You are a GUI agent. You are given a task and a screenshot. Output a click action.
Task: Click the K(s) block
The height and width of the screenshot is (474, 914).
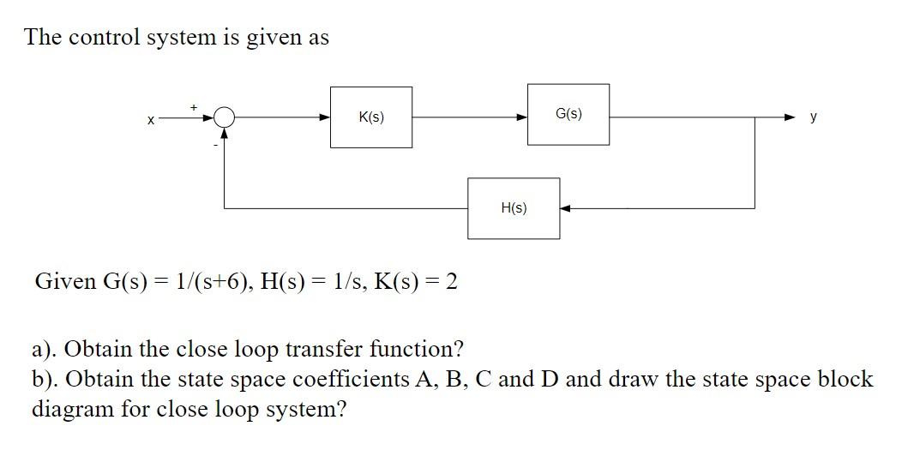pos(371,117)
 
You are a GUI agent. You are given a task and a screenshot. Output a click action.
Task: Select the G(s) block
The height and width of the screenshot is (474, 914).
pos(568,114)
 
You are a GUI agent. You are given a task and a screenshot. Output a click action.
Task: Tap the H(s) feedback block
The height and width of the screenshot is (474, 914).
pos(514,208)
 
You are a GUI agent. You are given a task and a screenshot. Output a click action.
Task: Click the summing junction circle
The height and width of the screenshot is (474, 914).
pos(224,117)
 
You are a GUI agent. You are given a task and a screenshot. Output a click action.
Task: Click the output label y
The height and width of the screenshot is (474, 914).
pos(813,117)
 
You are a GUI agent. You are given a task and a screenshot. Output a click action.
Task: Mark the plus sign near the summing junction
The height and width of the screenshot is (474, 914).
pos(194,106)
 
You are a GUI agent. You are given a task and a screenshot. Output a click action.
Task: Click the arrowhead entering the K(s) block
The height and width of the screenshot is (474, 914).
pos(325,117)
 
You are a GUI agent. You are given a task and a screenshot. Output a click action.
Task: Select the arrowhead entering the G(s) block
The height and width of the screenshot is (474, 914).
pos(521,117)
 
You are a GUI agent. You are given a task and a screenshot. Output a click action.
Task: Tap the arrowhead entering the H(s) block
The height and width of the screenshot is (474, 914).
pos(566,208)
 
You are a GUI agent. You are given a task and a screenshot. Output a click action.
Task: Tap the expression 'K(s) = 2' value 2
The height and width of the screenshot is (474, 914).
pos(450,281)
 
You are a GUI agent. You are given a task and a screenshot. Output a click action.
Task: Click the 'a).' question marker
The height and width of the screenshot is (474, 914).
pos(45,350)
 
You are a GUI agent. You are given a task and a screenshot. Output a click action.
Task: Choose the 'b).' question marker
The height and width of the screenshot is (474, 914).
pos(46,380)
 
